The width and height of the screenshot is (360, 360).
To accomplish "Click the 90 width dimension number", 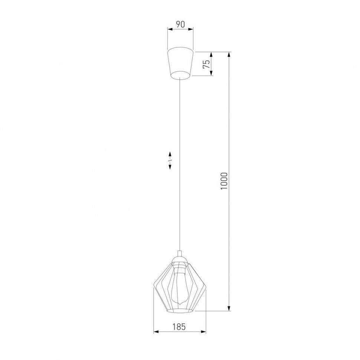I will point(180,24).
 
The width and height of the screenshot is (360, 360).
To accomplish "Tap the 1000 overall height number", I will point(223,181).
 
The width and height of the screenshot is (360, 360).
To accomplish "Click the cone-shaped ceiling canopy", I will point(180,63).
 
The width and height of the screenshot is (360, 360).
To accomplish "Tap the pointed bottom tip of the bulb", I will point(180,305).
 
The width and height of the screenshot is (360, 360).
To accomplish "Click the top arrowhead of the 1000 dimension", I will point(229,54).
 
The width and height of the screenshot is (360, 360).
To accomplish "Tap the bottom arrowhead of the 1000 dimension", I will point(229,308).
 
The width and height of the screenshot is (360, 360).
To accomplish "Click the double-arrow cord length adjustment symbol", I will point(170,160).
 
